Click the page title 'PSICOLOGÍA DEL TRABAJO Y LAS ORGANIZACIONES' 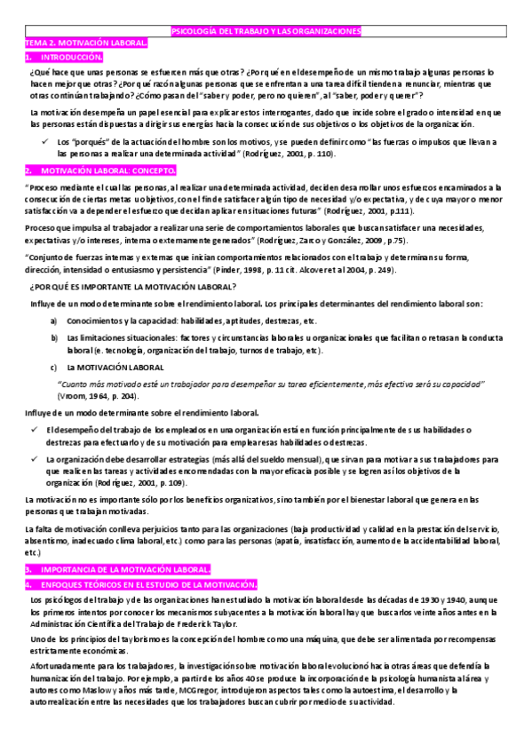tap(266, 31)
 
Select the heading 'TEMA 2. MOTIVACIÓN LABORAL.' tap(86, 43)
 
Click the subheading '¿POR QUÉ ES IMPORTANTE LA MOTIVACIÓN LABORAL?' tap(132, 286)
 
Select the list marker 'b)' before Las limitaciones tap(54, 338)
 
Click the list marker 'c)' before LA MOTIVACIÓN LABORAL tap(53, 367)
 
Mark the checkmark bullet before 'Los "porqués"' tap(44, 141)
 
